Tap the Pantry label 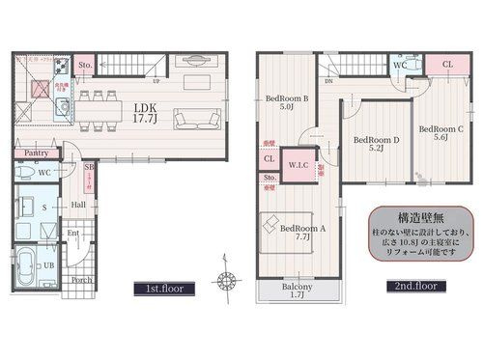coord(36,152)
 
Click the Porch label coord(82,282)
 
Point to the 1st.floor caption coord(165,288)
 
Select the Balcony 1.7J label coord(297,292)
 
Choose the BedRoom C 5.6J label coord(440,132)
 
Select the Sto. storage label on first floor coord(84,66)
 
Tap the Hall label coord(77,205)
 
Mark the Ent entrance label coord(72,233)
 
